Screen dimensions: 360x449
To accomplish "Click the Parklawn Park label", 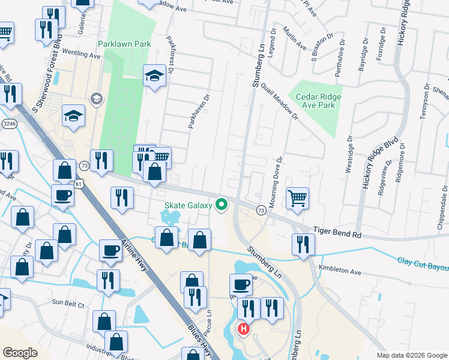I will [125, 44].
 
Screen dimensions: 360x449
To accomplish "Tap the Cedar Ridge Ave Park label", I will [314, 101].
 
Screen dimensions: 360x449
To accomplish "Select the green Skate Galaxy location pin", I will [221, 205].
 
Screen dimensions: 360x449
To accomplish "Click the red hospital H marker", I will [244, 329].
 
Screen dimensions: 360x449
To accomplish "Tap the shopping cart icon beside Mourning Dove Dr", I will [297, 198].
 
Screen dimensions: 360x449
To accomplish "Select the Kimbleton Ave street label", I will [340, 271].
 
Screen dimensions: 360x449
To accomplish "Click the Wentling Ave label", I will [79, 55].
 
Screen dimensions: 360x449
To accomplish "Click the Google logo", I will [20, 353].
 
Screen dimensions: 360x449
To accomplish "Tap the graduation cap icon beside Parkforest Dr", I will [154, 76].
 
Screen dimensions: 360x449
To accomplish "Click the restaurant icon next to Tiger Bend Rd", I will [303, 244].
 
